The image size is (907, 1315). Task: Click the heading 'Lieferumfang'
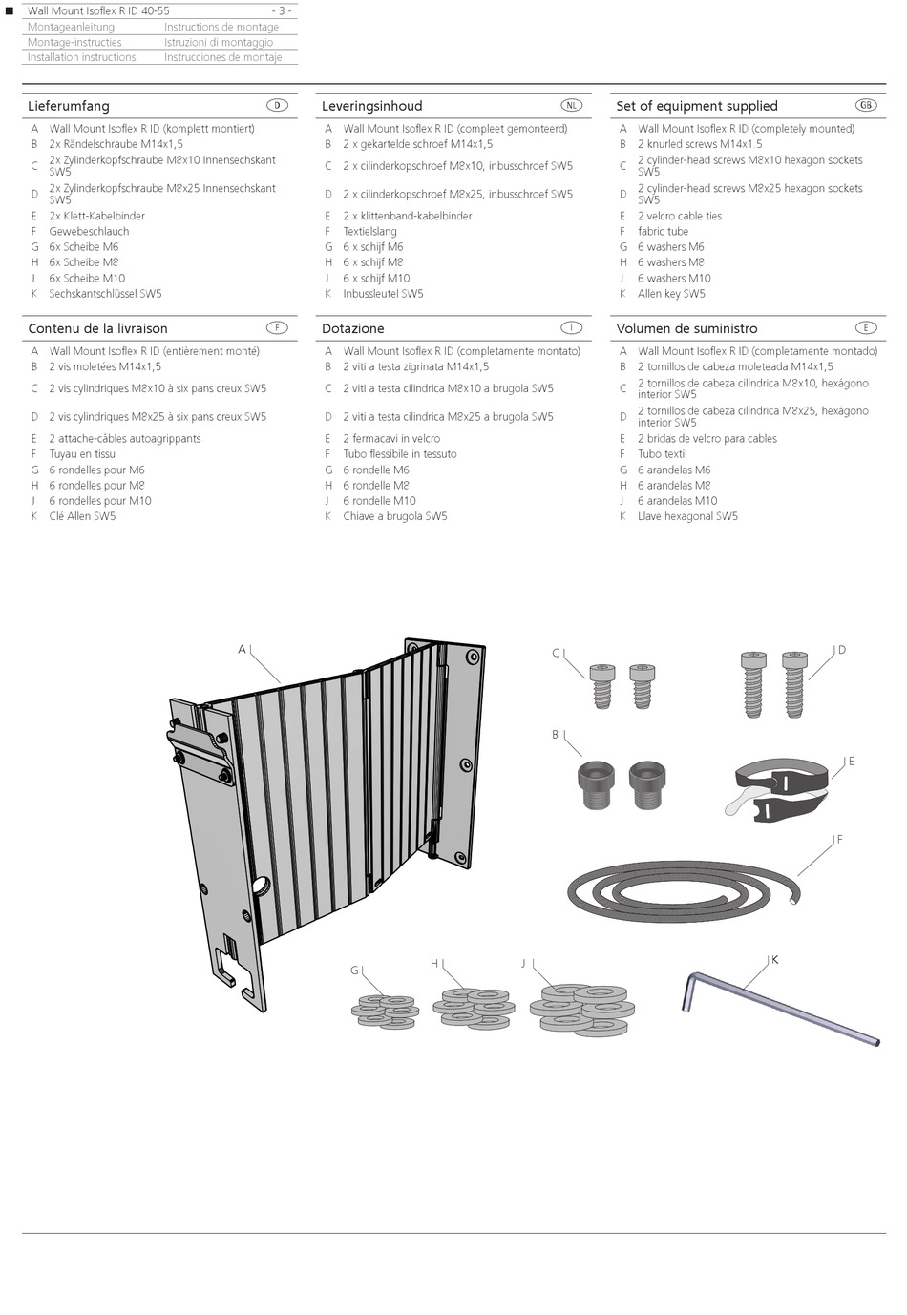click(x=69, y=106)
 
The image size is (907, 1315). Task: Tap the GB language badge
click(x=866, y=105)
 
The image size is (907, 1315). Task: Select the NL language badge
click(x=571, y=105)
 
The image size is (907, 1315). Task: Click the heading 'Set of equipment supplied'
click(x=696, y=106)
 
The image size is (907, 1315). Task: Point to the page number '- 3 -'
click(x=282, y=10)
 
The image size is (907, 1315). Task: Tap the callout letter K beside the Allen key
click(x=774, y=959)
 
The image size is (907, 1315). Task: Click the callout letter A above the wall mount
click(x=242, y=650)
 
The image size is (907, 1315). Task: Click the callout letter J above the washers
click(x=523, y=964)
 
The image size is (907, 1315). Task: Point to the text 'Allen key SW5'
click(x=671, y=294)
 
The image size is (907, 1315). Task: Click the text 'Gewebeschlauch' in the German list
click(x=89, y=231)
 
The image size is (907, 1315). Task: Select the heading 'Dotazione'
click(x=352, y=328)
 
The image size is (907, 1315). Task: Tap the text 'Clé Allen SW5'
click(x=82, y=516)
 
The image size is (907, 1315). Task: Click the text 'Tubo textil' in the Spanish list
click(x=662, y=454)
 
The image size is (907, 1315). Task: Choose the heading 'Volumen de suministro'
click(x=686, y=328)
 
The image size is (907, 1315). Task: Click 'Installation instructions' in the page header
click(x=82, y=57)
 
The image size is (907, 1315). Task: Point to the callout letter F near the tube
click(x=839, y=840)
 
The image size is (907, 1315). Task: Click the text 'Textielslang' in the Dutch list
click(x=369, y=231)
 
